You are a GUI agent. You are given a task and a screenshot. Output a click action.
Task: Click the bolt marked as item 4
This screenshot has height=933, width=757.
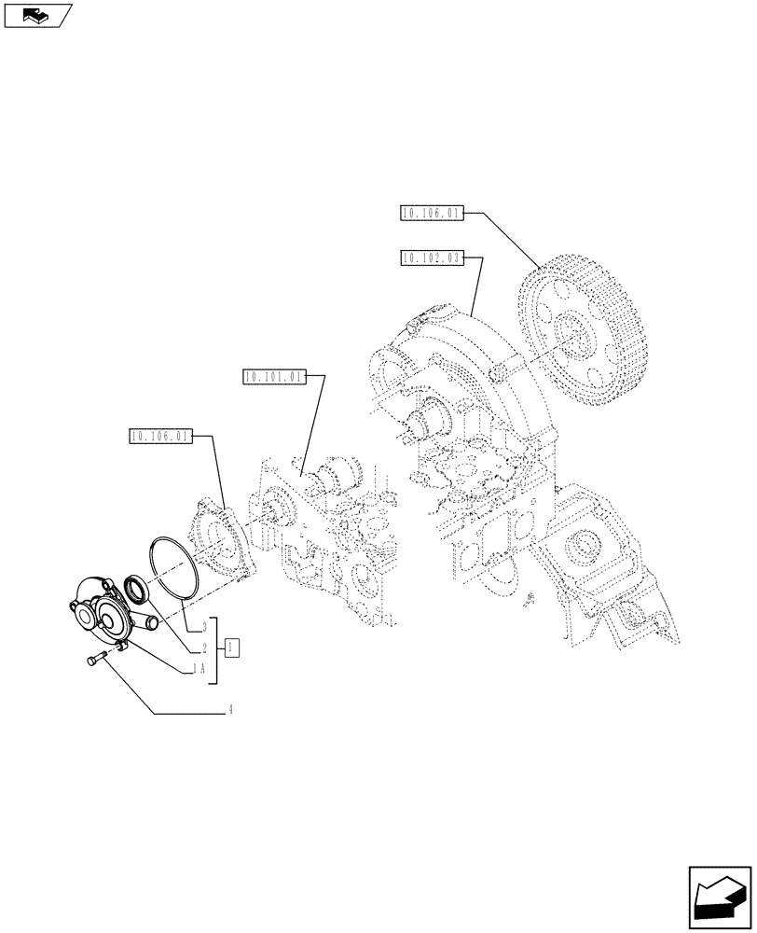95,661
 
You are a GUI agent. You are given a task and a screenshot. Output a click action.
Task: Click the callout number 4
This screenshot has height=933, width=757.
229,710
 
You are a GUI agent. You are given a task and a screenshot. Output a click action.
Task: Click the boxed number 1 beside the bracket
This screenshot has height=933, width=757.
232,647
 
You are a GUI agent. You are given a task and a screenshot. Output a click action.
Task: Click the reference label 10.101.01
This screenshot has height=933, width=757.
272,377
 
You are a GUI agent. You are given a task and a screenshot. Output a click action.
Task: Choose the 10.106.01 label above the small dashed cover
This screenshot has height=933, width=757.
160,436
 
